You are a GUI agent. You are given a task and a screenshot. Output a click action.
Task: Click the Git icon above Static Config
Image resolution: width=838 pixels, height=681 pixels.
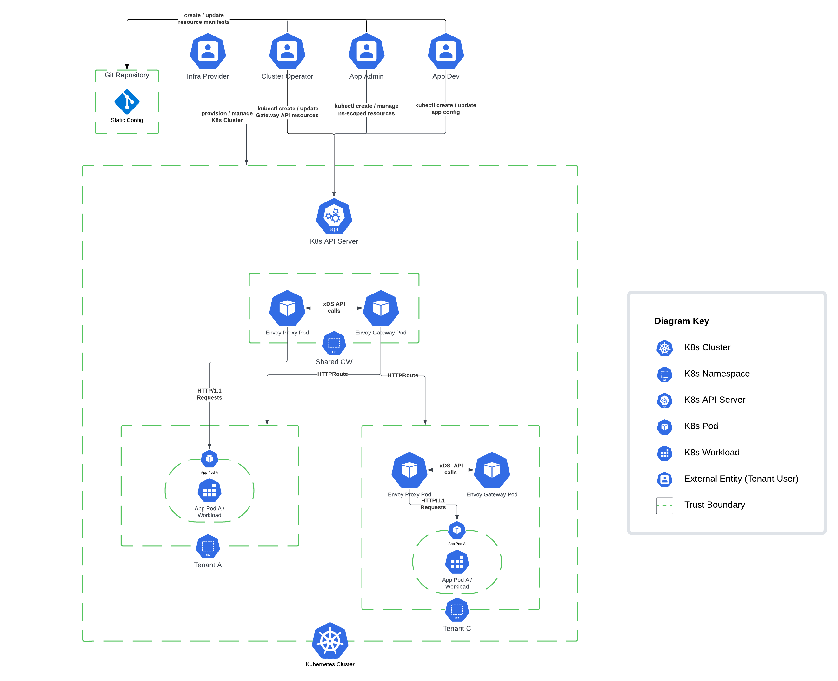[127, 102]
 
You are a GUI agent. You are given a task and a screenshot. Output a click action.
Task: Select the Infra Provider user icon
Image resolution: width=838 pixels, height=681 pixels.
[208, 51]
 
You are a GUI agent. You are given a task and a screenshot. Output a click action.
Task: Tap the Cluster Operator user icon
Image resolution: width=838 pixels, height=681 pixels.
[287, 51]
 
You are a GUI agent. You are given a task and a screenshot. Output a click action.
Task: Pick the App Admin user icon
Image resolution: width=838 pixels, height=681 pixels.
[366, 51]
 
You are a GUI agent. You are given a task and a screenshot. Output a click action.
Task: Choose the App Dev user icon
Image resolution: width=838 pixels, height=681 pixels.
[446, 51]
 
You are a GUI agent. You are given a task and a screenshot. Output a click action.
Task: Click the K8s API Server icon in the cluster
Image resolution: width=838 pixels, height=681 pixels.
[334, 216]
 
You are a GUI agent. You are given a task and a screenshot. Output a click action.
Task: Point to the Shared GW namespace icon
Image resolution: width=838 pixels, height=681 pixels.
[334, 343]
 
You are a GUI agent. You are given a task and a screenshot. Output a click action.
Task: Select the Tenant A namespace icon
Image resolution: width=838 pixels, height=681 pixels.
[208, 546]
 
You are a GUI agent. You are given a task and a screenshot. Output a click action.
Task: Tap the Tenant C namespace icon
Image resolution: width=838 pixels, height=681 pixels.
[457, 610]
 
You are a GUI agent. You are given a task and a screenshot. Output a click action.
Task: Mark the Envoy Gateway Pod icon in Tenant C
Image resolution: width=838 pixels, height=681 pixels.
[492, 470]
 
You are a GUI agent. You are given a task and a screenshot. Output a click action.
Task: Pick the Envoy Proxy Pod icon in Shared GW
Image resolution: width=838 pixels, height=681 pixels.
[287, 308]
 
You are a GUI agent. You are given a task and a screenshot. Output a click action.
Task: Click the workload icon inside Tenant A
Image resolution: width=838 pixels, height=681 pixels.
[209, 491]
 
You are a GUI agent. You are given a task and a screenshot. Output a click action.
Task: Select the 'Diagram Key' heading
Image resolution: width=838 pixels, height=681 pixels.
[682, 321]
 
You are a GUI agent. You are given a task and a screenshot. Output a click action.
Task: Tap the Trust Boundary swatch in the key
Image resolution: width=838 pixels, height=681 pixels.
[664, 505]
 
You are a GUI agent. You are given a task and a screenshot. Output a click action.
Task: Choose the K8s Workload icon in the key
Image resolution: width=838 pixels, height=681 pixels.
[664, 453]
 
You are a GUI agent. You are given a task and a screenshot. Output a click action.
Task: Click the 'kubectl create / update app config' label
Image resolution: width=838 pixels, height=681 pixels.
[445, 109]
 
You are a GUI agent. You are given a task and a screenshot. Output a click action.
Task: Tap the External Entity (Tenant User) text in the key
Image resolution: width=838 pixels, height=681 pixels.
[741, 479]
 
